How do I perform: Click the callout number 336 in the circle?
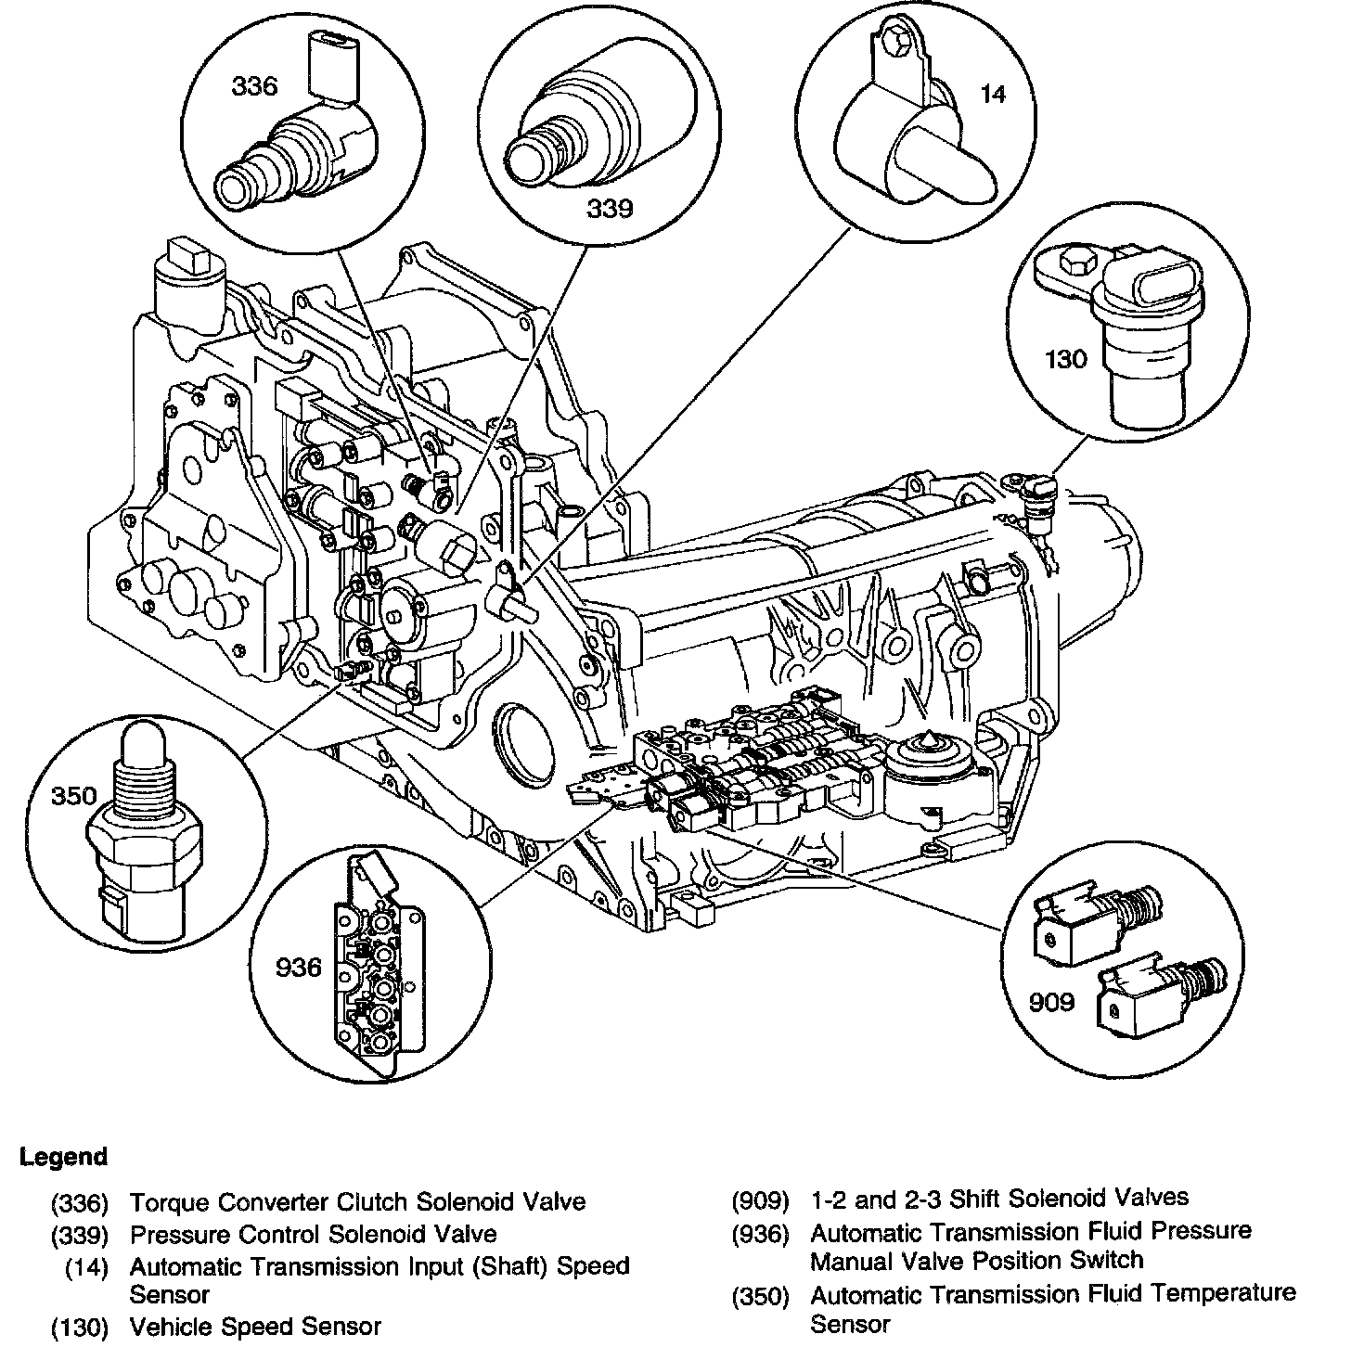tap(254, 87)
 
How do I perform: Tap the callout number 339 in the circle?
tap(609, 209)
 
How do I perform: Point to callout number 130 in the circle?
tap(1064, 358)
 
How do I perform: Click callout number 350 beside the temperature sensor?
tap(74, 796)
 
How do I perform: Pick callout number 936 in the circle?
tap(298, 968)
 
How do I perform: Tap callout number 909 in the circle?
tap(1051, 1001)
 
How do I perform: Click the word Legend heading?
tap(63, 1157)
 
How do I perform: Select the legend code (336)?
tap(81, 1203)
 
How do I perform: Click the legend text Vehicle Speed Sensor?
tap(255, 1327)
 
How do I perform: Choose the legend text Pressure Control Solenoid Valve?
tap(313, 1235)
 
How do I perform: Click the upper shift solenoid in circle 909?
tap(1095, 917)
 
